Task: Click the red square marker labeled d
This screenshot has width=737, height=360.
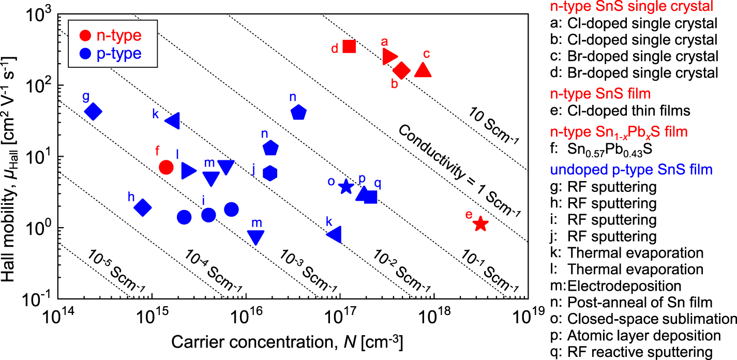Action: click(349, 47)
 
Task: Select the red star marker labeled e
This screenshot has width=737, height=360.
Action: click(480, 223)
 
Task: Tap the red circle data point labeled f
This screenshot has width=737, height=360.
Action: click(166, 167)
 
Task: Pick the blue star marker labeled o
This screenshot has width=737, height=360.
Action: click(346, 187)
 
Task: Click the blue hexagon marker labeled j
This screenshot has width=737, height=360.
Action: click(270, 173)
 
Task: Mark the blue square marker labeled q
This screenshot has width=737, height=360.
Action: click(371, 197)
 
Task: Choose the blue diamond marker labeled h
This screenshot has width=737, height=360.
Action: click(143, 207)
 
